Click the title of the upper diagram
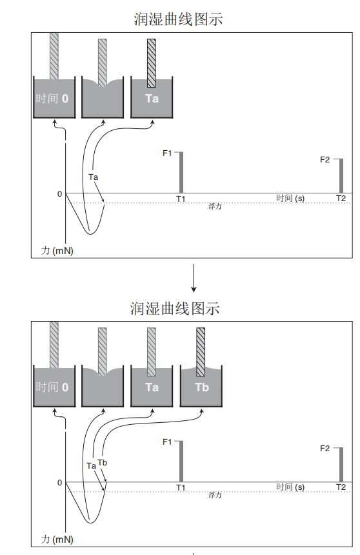pyautogui.click(x=178, y=19)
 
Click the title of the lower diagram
pyautogui.click(x=175, y=308)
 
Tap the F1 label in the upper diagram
pyautogui.click(x=167, y=153)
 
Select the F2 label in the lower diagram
pyautogui.click(x=325, y=449)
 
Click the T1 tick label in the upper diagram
pyautogui.click(x=181, y=199)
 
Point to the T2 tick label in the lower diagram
pyautogui.click(x=341, y=487)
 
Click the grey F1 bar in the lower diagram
pyautogui.click(x=181, y=462)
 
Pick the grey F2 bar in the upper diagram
pyautogui.click(x=341, y=176)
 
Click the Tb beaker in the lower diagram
pyautogui.click(x=201, y=387)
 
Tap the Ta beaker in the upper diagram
pyautogui.click(x=152, y=98)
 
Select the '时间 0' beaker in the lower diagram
pyautogui.click(x=54, y=387)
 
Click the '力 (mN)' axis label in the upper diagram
pyautogui.click(x=57, y=251)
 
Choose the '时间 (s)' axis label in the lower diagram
pyautogui.click(x=290, y=487)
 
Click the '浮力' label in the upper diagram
pyautogui.click(x=215, y=206)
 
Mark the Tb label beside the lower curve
pyautogui.click(x=103, y=463)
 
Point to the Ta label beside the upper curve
pyautogui.click(x=93, y=177)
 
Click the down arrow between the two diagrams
pyautogui.click(x=194, y=278)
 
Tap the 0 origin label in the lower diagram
pyautogui.click(x=59, y=482)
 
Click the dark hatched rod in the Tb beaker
pyautogui.click(x=201, y=352)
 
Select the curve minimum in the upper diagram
pyautogui.click(x=90, y=234)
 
